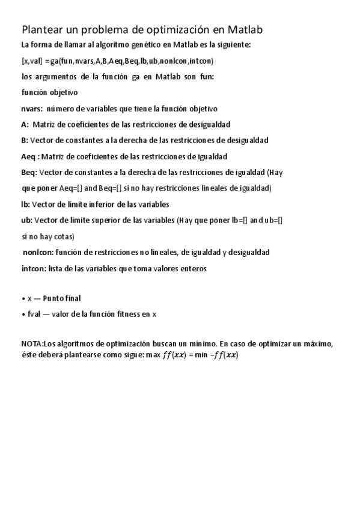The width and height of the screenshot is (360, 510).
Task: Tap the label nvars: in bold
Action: tap(32, 108)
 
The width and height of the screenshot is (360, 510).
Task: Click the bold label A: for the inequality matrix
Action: tap(25, 124)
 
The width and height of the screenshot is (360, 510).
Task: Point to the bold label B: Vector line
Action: tap(25, 140)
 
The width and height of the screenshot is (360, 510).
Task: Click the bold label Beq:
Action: tap(29, 172)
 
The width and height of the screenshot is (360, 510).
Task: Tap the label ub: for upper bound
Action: tap(26, 220)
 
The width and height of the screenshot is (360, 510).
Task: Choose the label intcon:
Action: tap(34, 268)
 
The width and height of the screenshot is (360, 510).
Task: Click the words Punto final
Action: tap(62, 298)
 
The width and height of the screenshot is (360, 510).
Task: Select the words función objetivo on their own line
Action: tap(49, 93)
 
